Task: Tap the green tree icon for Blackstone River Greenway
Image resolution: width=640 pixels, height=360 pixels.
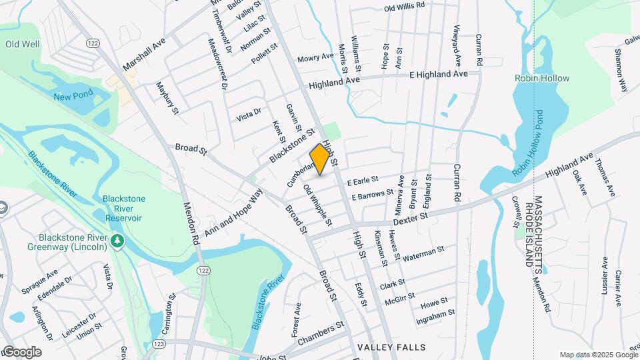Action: coord(117,240)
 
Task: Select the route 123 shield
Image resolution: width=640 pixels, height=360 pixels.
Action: coord(159,343)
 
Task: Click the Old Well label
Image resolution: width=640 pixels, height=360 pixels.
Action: coord(22,44)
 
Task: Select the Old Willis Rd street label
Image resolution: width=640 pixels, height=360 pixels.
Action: coord(405,7)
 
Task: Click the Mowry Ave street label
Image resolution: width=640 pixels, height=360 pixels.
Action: coord(315,58)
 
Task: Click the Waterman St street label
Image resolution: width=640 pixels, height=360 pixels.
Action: coord(423,253)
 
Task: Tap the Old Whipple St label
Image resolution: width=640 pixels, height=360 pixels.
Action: coord(317,204)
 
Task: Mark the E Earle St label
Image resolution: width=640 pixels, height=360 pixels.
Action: coord(362,180)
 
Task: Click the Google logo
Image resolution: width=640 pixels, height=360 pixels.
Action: coord(22,351)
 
